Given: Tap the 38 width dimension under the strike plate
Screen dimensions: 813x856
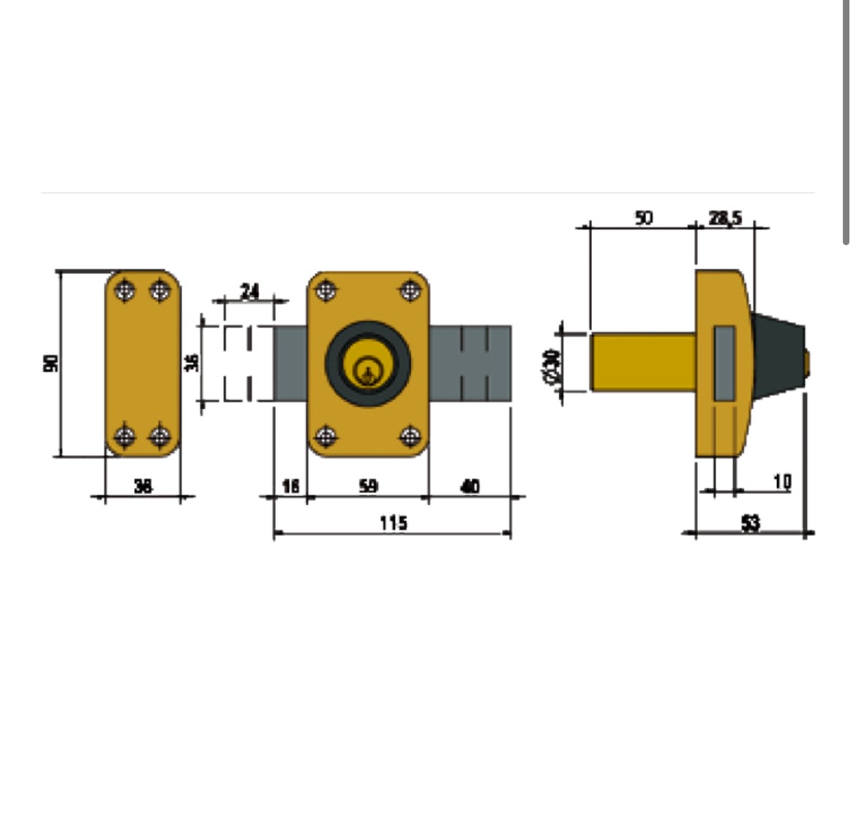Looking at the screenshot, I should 143,485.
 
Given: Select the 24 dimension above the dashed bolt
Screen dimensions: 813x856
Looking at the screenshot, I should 249,291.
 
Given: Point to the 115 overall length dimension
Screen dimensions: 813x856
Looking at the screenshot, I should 393,522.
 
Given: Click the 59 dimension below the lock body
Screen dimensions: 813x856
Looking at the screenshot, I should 369,485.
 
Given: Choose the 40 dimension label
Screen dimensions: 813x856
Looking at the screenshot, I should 470,485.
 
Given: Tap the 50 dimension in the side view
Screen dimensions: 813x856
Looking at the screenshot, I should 643,217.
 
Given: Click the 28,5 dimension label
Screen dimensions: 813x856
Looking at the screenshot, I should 724,217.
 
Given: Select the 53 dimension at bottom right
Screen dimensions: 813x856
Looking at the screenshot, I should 751,522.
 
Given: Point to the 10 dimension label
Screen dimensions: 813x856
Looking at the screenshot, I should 782,481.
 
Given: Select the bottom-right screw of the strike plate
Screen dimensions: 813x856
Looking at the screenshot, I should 159,437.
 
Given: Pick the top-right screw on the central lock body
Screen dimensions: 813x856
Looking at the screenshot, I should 410,291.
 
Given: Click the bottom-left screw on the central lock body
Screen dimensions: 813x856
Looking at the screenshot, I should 325,437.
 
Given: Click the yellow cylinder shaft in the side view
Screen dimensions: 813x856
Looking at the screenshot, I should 642,362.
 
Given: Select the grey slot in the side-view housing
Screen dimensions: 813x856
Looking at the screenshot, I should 724,363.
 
